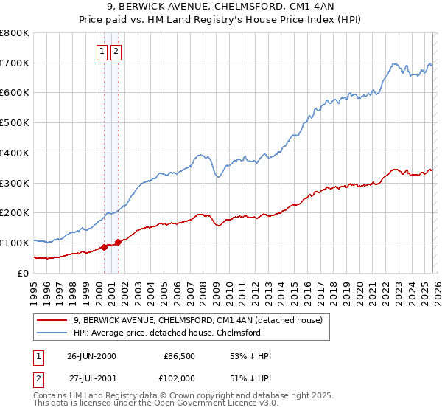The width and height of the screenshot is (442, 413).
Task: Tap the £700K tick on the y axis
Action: click(x=15, y=63)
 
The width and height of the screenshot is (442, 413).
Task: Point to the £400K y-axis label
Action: click(x=15, y=153)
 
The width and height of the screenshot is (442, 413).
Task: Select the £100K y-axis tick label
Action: click(x=15, y=243)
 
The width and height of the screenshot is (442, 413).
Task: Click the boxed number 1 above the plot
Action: click(x=102, y=51)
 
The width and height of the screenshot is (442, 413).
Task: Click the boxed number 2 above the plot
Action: click(x=116, y=51)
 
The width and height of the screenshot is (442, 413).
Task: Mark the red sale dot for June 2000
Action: click(x=104, y=247)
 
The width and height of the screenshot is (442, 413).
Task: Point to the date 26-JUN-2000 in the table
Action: click(x=91, y=356)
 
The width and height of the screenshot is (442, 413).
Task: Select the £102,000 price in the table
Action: click(x=178, y=378)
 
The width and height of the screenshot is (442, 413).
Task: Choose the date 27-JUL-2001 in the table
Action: click(x=91, y=378)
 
